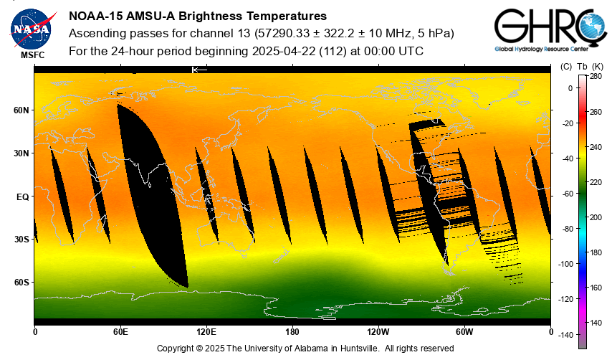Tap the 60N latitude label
coord(21,110)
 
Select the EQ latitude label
coord(22,196)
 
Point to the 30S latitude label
coord(21,240)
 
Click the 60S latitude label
coord(21,283)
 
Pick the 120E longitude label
coord(206,332)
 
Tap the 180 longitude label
coord(292,332)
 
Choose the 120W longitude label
coord(378,332)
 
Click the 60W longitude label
coord(464,332)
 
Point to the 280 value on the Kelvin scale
coord(595,76)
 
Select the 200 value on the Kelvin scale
coord(595,217)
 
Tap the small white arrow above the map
coord(199,70)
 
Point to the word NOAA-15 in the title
coord(94,16)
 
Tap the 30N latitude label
coord(21,153)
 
